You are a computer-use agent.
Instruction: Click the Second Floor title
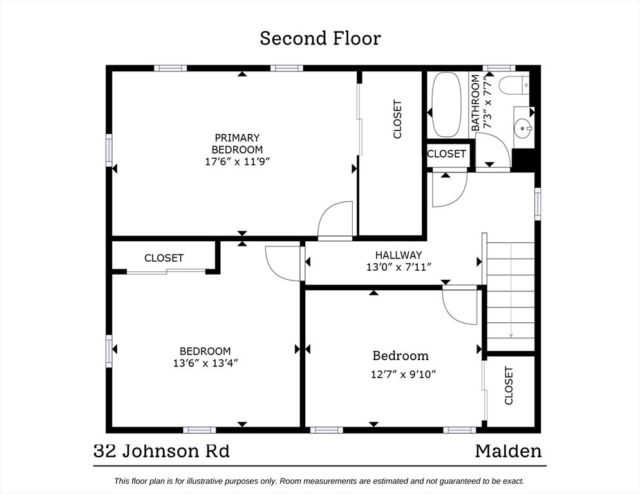(x=321, y=38)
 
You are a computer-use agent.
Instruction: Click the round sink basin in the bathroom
(x=523, y=128)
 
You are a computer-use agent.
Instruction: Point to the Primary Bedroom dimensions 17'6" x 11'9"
(x=238, y=161)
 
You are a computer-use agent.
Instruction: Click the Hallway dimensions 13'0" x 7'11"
(x=399, y=267)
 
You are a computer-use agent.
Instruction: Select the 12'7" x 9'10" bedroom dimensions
(x=403, y=374)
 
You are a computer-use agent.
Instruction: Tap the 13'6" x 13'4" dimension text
(x=205, y=363)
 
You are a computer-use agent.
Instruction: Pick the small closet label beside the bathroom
(x=446, y=153)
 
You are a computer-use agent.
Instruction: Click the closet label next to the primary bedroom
(x=397, y=119)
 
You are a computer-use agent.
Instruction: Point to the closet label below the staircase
(x=509, y=385)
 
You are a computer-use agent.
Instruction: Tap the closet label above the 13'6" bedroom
(x=164, y=258)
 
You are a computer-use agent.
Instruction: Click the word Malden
(x=509, y=451)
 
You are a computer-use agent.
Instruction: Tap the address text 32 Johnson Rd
(x=162, y=451)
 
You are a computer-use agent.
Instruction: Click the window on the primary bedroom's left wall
(x=109, y=150)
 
